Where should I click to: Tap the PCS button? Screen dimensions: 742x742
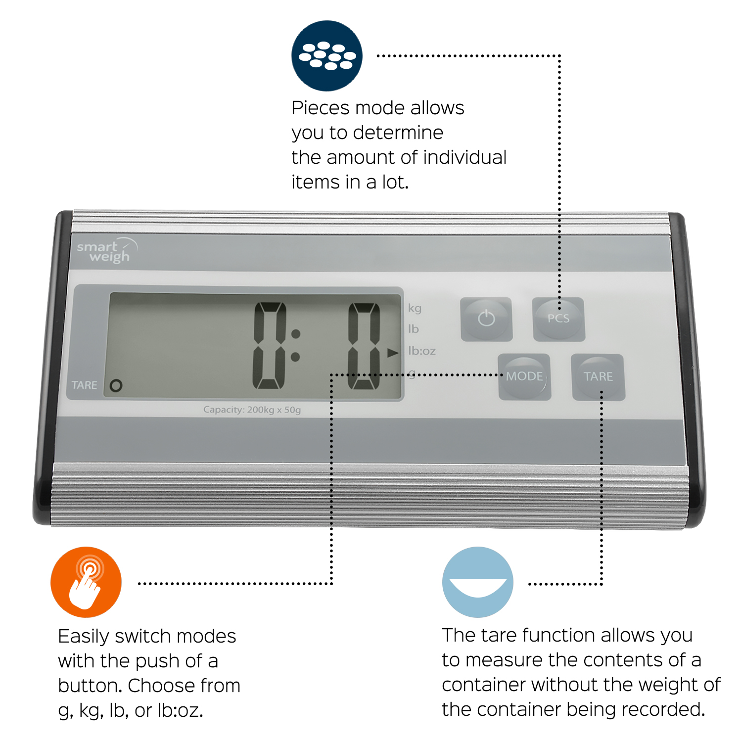point(558,319)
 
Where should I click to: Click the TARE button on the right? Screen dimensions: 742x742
point(598,377)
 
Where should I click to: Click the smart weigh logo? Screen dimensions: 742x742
point(106,251)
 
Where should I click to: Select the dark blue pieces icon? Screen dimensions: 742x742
point(327,56)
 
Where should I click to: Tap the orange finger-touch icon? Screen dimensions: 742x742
point(86,582)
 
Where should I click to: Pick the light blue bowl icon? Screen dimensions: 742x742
point(478,582)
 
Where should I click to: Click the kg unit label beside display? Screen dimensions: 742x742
point(415,308)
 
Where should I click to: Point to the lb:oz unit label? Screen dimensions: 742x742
point(421,351)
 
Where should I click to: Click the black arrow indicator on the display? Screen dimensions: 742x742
point(393,353)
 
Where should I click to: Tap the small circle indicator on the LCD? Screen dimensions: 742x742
point(116,385)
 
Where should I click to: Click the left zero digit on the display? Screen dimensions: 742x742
point(270,346)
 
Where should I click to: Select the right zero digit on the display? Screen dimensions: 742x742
point(364,346)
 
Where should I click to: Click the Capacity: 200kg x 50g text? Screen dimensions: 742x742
point(252,410)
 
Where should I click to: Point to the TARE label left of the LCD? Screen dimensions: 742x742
point(84,385)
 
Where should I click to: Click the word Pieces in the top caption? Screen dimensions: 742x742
point(321,108)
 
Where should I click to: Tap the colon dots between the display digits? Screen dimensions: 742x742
point(295,345)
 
